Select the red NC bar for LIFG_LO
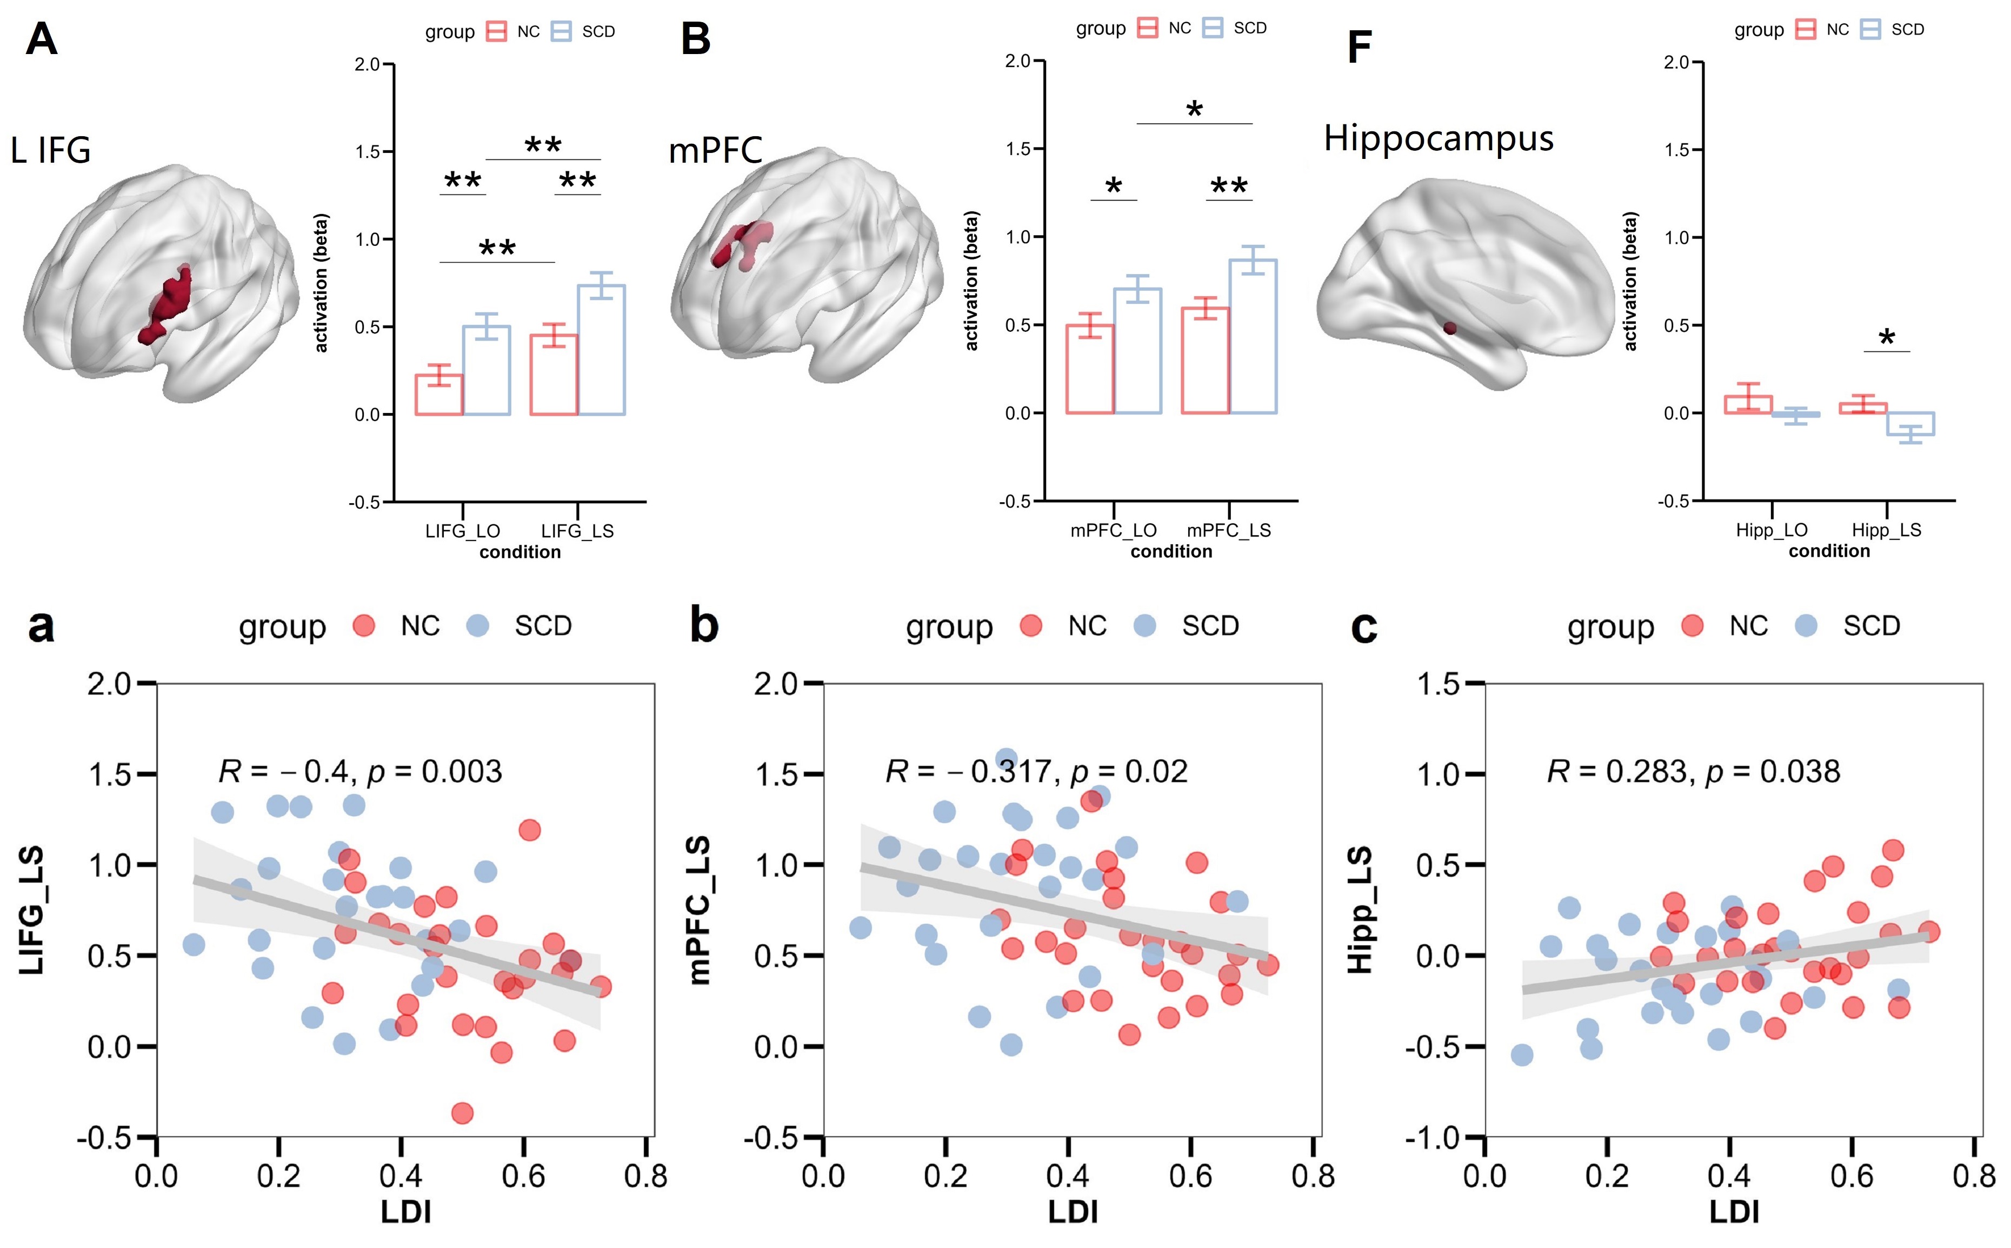click(x=438, y=395)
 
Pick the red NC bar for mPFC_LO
click(x=1090, y=369)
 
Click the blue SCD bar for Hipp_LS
click(x=1909, y=423)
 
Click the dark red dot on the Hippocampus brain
click(x=1450, y=329)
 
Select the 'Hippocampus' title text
click(x=1438, y=139)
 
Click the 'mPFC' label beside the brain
click(x=715, y=151)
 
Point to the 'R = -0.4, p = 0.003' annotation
click(x=360, y=772)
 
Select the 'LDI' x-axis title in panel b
click(x=1073, y=1212)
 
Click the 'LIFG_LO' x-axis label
click(x=462, y=531)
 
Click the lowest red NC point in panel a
click(x=462, y=1113)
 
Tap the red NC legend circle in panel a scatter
click(x=363, y=626)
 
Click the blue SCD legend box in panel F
click(x=1870, y=30)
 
